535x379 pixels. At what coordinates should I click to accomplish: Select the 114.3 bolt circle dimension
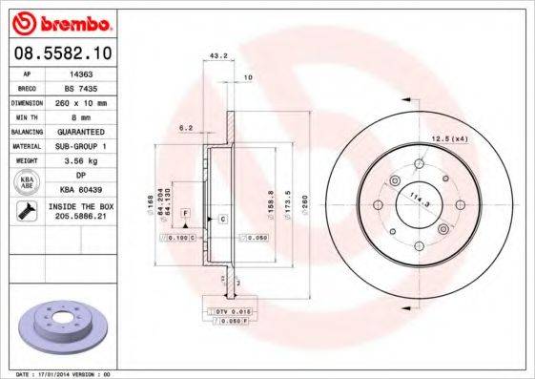(417, 203)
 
